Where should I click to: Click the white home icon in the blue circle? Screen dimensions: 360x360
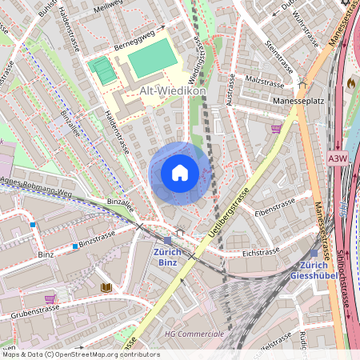tap(180, 173)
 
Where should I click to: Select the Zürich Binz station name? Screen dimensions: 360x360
tap(166, 256)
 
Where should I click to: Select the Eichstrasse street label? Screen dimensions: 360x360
tap(260, 251)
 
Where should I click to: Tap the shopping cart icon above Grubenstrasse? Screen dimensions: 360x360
tap(50, 299)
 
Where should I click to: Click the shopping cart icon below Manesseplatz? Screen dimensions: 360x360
tap(277, 128)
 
